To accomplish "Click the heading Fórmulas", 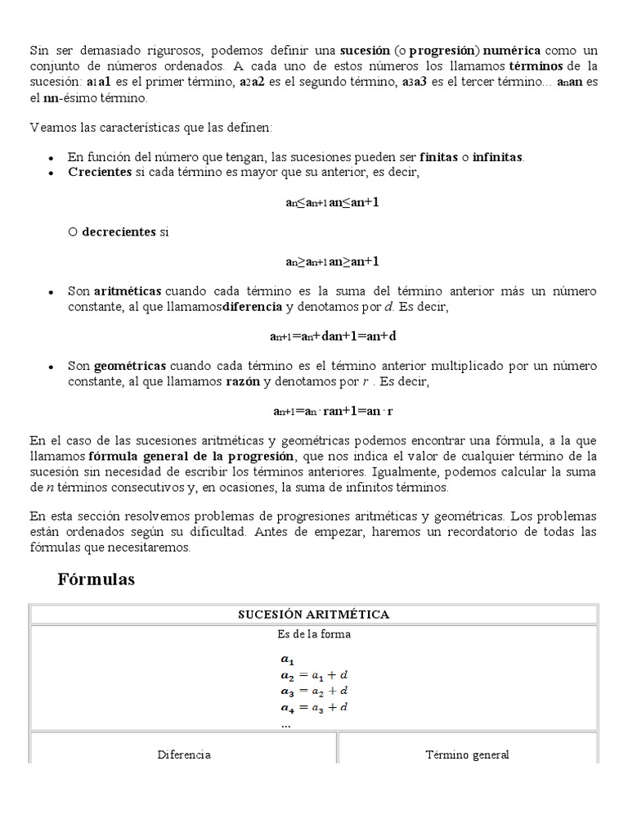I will click(x=96, y=580).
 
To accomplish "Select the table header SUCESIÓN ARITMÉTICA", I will click(x=313, y=614).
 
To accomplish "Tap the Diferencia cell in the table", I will click(x=184, y=755).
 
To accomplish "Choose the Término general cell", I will click(x=468, y=755).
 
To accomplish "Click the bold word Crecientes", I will click(x=100, y=172).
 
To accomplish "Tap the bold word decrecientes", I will click(x=119, y=232).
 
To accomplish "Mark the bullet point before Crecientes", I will click(x=51, y=173).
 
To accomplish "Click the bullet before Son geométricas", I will click(x=51, y=367).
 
